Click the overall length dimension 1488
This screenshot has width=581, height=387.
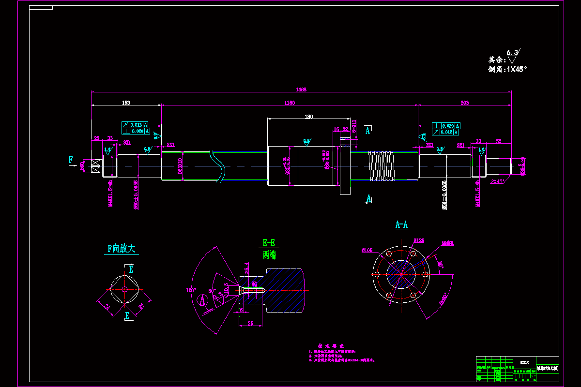[301, 89]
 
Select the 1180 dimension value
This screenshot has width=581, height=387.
[290, 103]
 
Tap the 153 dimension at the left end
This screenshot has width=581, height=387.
[126, 103]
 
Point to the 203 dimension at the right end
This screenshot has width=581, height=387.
[465, 103]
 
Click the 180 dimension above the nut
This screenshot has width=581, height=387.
[308, 117]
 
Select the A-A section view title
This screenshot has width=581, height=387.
[401, 224]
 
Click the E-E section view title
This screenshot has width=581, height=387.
[269, 243]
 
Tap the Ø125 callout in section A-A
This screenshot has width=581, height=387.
[419, 240]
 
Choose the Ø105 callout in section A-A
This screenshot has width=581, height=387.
[367, 250]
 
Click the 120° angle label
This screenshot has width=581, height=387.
[192, 290]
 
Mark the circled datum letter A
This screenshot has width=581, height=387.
[203, 301]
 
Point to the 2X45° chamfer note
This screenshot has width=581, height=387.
[498, 181]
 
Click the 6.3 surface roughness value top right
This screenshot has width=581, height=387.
[512, 52]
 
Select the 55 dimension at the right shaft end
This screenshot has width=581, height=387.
[498, 141]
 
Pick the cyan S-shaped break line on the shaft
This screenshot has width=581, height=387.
[218, 165]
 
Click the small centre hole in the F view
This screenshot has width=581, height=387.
[124, 289]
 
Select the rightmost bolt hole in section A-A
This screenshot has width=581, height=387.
[425, 274]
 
